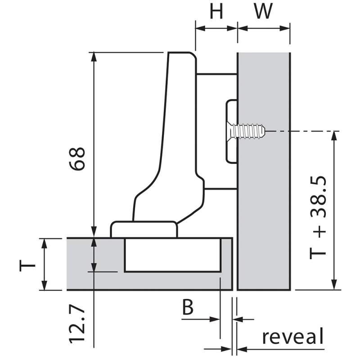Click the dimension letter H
[x=216, y=11]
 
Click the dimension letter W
[x=263, y=11]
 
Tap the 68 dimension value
[x=77, y=159]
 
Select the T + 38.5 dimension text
[x=318, y=218]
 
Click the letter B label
[x=188, y=307]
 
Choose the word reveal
[x=293, y=336]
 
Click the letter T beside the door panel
[x=27, y=265]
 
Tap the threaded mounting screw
[x=246, y=131]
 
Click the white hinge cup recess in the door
[x=173, y=255]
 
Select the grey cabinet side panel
[x=264, y=171]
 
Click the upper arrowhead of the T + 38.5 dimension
[x=335, y=136]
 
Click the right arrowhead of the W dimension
[x=285, y=28]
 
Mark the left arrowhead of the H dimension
[x=200, y=28]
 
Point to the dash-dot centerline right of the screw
[x=302, y=131]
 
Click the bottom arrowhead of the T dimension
[x=44, y=285]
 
